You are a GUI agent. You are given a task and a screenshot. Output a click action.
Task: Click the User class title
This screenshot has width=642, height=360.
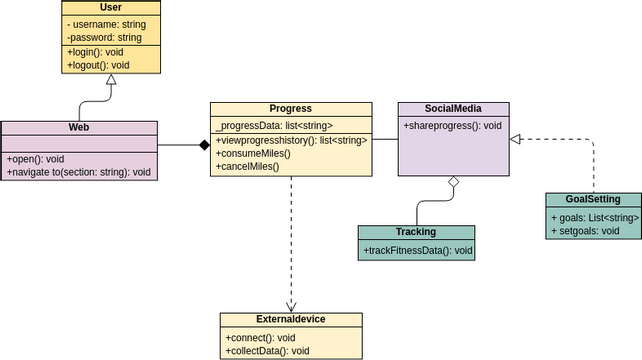pos(111,8)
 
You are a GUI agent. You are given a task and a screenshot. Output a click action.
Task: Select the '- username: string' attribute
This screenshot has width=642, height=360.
pos(106,24)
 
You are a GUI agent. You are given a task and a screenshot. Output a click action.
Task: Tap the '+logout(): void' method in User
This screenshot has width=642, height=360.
pos(98,65)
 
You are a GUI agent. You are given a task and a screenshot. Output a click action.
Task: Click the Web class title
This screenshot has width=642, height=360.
pos(79,128)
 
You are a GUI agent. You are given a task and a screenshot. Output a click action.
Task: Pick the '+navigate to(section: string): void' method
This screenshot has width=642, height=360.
pos(79,172)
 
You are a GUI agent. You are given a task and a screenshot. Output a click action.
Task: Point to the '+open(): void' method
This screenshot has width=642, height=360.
pos(36,159)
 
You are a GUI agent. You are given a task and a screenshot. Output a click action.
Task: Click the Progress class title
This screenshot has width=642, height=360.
pos(291,109)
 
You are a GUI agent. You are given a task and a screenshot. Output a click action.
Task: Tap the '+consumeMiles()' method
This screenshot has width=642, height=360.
pos(253,153)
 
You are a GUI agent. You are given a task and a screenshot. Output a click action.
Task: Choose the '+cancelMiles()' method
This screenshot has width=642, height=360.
pos(247,166)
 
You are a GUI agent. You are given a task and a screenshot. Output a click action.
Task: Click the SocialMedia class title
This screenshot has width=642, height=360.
pos(453,109)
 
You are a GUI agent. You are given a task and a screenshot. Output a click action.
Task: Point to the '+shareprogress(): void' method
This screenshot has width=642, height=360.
pos(452,126)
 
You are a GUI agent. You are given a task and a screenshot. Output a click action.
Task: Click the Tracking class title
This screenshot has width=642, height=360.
pos(416,232)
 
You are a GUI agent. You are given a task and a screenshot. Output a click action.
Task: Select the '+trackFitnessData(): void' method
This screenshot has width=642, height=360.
pos(417,250)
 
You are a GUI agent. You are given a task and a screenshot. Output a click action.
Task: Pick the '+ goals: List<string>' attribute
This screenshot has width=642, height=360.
pos(594,217)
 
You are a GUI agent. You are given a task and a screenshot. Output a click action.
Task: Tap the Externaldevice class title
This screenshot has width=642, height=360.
pos(291,320)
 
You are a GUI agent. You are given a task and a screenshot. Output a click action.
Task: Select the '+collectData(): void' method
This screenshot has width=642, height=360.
pos(267,351)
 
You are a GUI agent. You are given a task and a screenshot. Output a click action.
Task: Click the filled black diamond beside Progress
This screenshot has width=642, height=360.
pos(204,145)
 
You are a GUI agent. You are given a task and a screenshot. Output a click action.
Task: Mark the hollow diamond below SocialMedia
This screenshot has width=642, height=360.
pos(453,181)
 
